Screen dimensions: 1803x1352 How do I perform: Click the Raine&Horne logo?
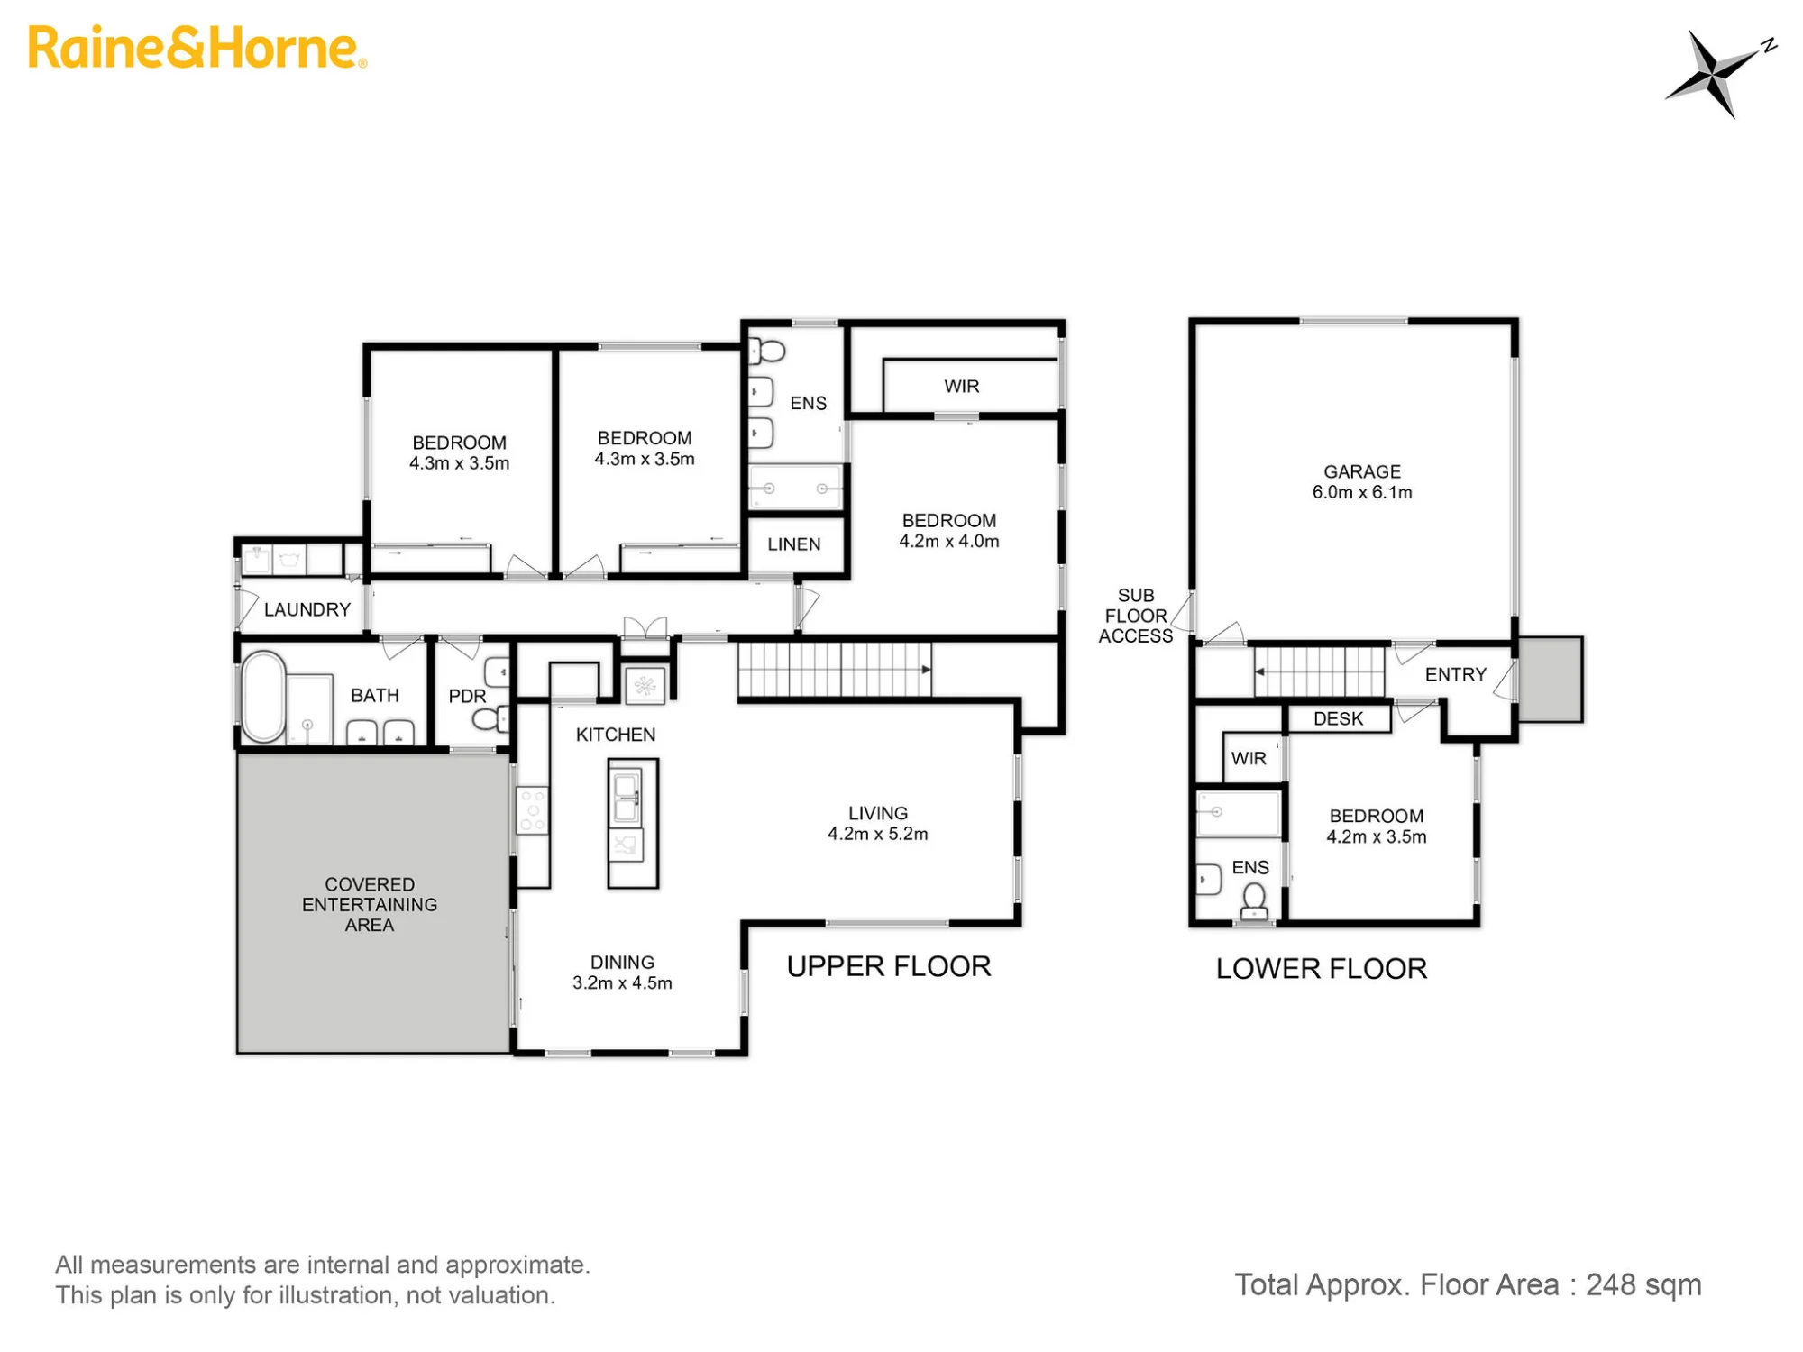197,48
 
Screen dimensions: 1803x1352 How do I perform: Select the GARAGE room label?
1362,471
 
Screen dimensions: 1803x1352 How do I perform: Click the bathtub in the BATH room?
263,697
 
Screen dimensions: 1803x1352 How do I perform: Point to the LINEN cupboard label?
794,544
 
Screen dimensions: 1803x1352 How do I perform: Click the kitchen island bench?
633,823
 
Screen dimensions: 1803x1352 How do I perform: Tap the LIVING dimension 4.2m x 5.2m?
878,834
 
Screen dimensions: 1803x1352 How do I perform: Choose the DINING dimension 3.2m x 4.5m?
622,982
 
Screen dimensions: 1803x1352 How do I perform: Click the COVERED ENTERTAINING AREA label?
370,904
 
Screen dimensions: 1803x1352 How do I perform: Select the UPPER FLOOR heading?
889,966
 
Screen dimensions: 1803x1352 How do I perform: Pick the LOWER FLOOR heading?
1322,969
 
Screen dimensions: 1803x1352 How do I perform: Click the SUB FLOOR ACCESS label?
1135,616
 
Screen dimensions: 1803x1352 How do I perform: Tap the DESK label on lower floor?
1339,718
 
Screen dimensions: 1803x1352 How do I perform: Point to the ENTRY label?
1456,674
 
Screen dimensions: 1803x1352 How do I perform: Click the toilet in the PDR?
490,718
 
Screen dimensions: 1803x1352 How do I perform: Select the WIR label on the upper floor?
962,386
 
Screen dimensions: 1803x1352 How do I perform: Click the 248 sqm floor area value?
1643,1284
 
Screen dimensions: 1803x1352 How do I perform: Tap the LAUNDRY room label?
307,609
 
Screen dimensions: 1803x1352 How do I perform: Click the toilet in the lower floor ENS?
1254,901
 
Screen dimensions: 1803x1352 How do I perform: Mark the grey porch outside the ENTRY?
1551,680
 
